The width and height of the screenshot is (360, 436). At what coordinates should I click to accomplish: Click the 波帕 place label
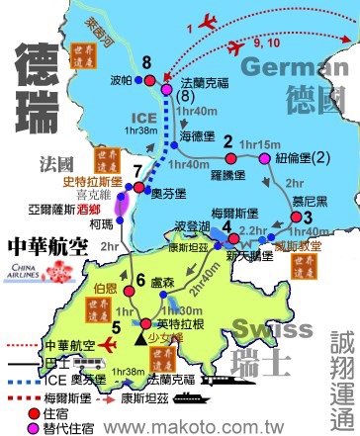[x=121, y=80]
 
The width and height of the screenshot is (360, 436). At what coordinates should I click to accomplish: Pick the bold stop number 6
[x=140, y=280]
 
